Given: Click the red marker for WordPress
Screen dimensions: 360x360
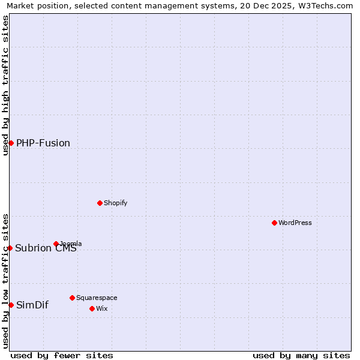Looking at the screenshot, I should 274,223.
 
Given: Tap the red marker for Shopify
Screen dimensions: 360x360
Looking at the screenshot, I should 100,203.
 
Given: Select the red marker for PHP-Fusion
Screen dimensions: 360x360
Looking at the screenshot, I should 11,143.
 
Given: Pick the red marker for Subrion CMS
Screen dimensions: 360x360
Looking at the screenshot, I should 10,248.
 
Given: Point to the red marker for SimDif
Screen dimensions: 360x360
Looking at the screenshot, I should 11,305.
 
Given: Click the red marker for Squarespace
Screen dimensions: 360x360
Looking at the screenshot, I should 72,298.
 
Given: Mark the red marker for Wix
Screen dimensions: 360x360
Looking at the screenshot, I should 92,308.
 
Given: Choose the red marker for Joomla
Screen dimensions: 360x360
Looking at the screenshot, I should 56,244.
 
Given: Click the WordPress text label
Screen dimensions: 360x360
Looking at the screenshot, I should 295,223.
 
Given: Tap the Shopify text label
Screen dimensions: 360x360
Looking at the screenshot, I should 116,203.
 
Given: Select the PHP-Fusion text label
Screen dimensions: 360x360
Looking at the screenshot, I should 43,143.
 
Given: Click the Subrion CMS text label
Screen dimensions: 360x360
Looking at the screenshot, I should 46,248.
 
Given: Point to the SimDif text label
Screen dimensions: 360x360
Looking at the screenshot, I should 32,305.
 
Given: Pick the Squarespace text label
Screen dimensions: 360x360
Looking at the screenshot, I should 97,298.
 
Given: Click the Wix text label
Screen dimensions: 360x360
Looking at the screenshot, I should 101,308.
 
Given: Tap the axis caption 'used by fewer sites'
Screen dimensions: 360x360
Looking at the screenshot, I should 62,355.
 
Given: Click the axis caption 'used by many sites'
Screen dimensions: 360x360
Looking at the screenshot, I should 301,355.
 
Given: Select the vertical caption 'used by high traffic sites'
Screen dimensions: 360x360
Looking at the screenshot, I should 5,85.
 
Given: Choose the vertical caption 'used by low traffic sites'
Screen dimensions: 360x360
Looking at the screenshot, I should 5,281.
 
